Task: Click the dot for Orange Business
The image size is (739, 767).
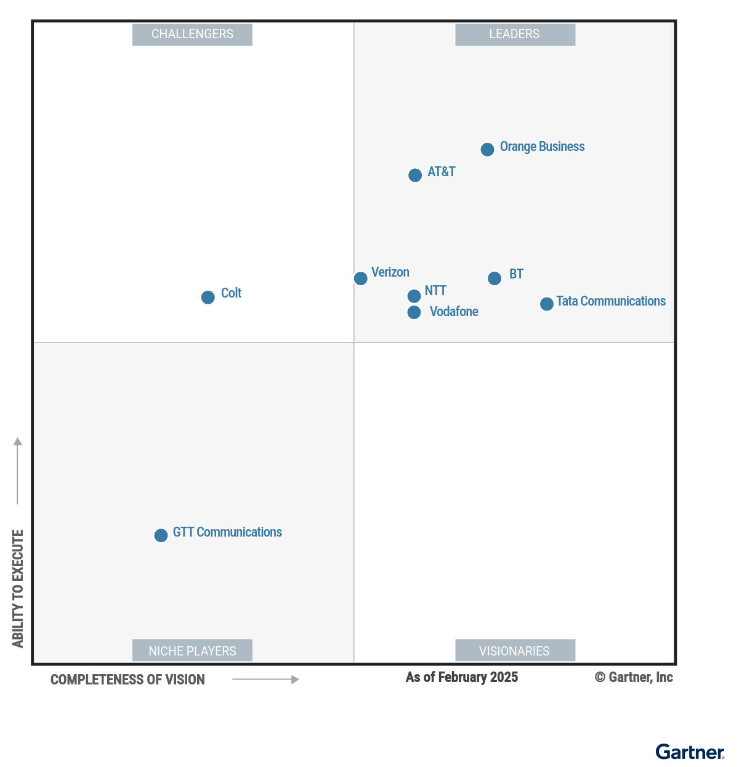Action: (x=487, y=150)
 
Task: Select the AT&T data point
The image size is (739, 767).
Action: (x=415, y=175)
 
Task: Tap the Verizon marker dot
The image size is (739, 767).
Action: (x=361, y=278)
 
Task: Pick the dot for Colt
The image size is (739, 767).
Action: (x=208, y=297)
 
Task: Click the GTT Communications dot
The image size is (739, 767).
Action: (x=161, y=535)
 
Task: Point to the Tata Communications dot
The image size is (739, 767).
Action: (x=546, y=304)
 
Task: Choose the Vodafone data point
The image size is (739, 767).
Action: (x=414, y=312)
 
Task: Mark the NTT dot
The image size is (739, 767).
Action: (x=414, y=296)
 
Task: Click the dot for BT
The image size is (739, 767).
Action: (x=495, y=278)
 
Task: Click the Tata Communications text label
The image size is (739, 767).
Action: (x=611, y=301)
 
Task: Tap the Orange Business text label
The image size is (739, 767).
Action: (x=542, y=147)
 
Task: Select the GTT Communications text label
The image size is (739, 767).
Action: (x=227, y=532)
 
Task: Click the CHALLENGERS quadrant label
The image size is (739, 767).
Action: (x=192, y=34)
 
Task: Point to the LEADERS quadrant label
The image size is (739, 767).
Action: (x=515, y=34)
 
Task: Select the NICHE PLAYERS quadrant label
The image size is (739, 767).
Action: (x=192, y=651)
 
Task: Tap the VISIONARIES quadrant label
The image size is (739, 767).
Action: (x=515, y=651)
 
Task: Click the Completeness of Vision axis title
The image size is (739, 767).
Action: (x=127, y=680)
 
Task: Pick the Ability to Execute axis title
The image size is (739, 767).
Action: (x=18, y=588)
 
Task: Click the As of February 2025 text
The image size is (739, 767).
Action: (x=462, y=677)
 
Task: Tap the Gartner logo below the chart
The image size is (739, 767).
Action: (x=690, y=752)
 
